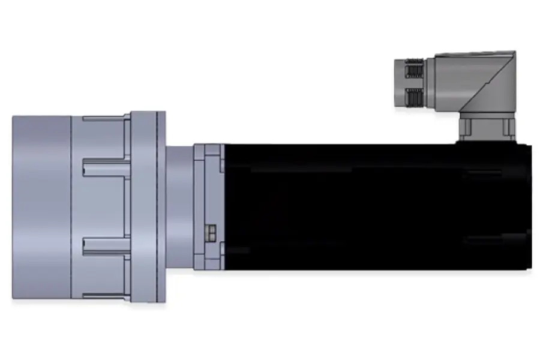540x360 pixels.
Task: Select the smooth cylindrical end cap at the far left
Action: click(x=41, y=207)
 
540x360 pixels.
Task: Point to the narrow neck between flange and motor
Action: click(x=179, y=207)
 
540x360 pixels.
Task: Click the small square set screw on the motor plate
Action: click(x=210, y=232)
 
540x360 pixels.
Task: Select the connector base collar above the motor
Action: click(x=487, y=128)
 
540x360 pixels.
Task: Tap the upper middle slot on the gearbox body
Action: click(x=105, y=167)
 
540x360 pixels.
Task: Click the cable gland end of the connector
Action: click(x=401, y=84)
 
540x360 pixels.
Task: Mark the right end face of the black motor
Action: click(x=529, y=207)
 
